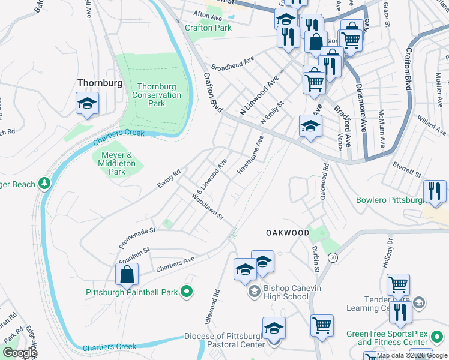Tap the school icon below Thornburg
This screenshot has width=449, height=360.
87,103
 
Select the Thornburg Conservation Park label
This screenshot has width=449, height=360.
156,95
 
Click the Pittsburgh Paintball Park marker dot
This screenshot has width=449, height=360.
187,292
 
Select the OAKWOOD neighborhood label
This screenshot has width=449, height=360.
288,232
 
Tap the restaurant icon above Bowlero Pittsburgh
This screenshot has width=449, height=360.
435,191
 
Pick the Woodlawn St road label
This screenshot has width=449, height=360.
208,206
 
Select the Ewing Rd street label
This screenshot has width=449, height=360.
169,179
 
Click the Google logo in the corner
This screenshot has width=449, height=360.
19,353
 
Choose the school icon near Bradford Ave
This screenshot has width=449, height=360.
310,126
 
